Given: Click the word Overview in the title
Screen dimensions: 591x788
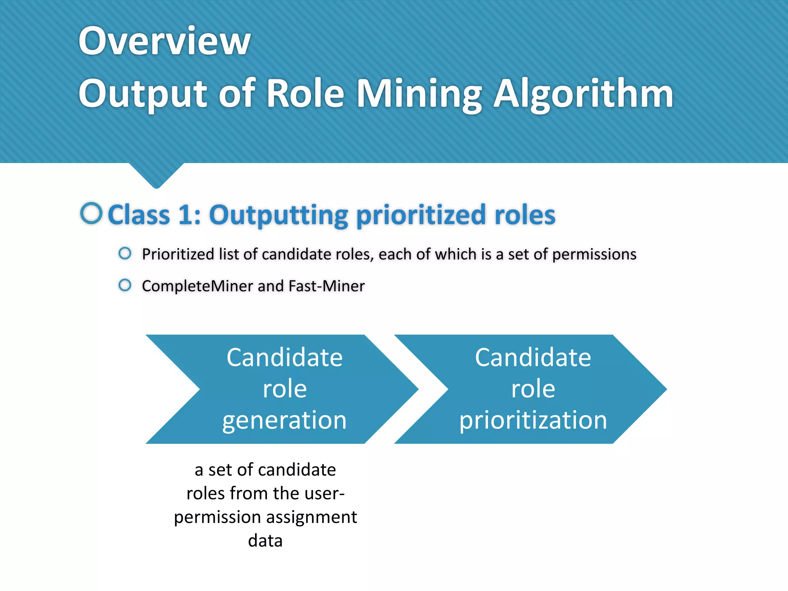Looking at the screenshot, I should pyautogui.click(x=164, y=40).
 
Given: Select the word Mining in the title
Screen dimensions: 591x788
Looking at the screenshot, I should pyautogui.click(x=419, y=93).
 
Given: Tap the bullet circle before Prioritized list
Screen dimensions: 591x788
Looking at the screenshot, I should pyautogui.click(x=125, y=253).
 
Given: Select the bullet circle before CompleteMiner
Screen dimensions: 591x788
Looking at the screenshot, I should pyautogui.click(x=125, y=285).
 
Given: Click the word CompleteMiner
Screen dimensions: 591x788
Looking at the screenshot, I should pyautogui.click(x=197, y=286).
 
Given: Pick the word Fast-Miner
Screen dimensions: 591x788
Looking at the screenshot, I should pyautogui.click(x=326, y=286).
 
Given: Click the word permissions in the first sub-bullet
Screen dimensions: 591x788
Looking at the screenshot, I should pyautogui.click(x=594, y=255).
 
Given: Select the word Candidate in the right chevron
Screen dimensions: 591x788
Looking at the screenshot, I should pyautogui.click(x=533, y=357).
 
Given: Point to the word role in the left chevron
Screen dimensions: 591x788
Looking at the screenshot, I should pyautogui.click(x=284, y=389).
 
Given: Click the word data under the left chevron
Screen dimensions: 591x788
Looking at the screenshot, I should pyautogui.click(x=265, y=541).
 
